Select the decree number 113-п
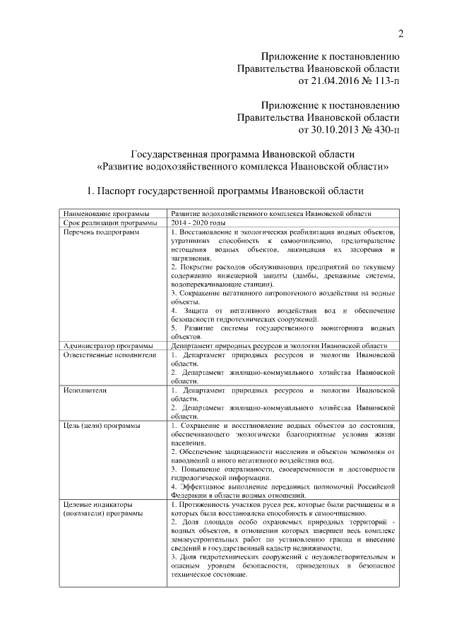coord(385,83)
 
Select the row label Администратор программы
coord(108,345)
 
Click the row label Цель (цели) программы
coord(101,426)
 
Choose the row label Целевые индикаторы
coord(97,505)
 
